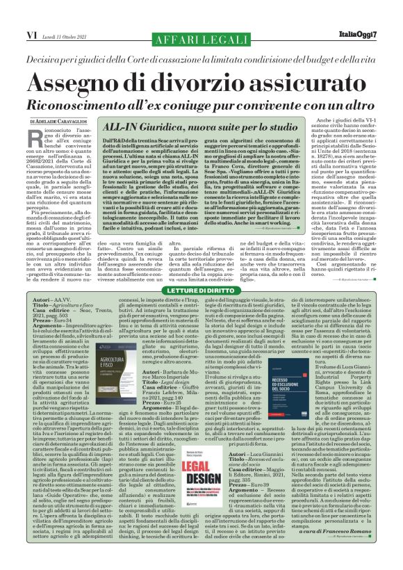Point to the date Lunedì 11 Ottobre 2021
(62, 33)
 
